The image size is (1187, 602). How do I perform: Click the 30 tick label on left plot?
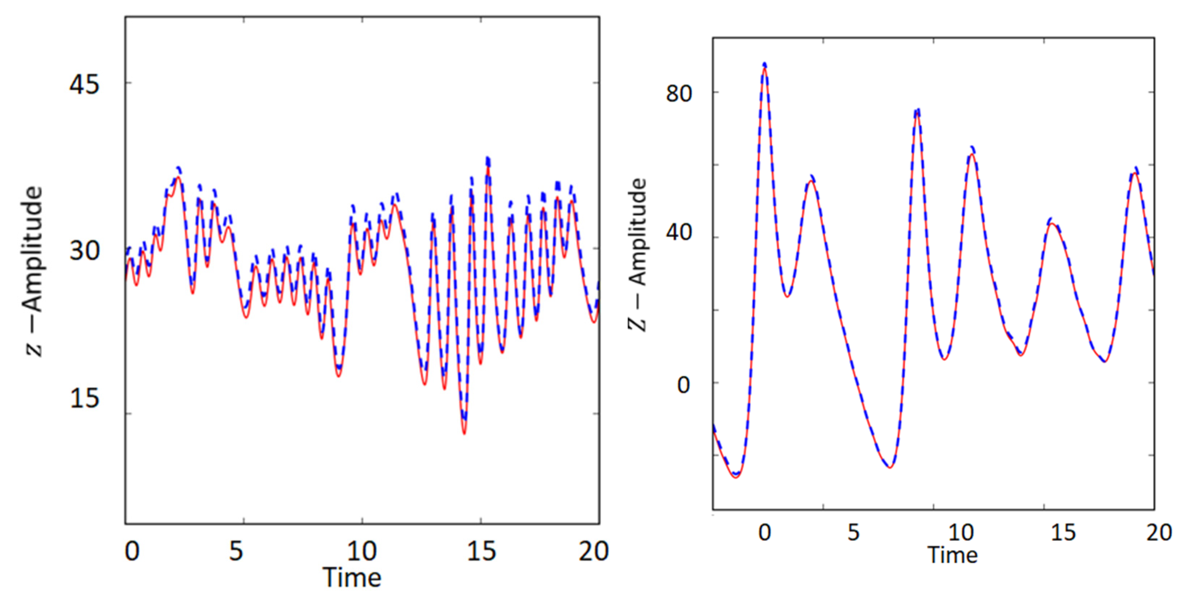[84, 251]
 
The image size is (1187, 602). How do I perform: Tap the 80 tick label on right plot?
[679, 94]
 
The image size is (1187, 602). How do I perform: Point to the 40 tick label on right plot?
[679, 232]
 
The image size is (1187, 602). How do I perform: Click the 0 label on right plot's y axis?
[683, 385]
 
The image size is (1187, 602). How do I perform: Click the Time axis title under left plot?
[352, 577]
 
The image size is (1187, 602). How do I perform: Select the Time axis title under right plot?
[952, 555]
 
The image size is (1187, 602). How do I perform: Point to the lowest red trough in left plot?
[464, 432]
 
